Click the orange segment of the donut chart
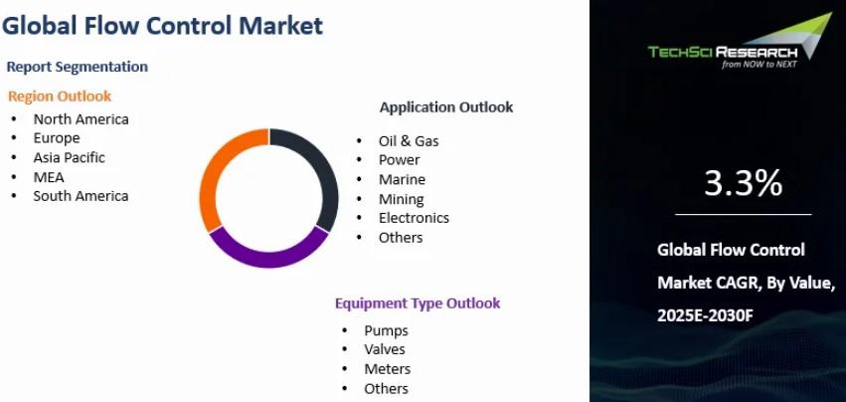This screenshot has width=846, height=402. pyautogui.click(x=210, y=178)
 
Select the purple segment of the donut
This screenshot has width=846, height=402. pyautogui.click(x=268, y=259)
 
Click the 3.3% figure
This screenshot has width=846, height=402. pyautogui.click(x=743, y=183)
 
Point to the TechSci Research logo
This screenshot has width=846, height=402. pyautogui.click(x=740, y=42)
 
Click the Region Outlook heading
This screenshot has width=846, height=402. pyautogui.click(x=60, y=97)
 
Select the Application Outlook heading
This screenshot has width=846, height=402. pyautogui.click(x=446, y=107)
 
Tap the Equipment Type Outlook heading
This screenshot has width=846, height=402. pyautogui.click(x=418, y=303)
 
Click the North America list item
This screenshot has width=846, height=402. pyautogui.click(x=81, y=118)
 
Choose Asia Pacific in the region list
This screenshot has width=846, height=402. pyautogui.click(x=69, y=157)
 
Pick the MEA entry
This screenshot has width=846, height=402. pyautogui.click(x=49, y=177)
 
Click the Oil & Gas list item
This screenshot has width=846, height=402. pyautogui.click(x=409, y=141)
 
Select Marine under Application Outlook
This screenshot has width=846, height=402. pyautogui.click(x=402, y=179)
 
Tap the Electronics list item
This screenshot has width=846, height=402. pyautogui.click(x=414, y=218)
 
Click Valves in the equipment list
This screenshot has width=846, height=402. pyautogui.click(x=384, y=349)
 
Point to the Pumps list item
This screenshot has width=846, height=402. pyautogui.click(x=386, y=330)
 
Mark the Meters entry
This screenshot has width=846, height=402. pyautogui.click(x=388, y=369)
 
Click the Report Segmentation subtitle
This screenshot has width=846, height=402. pyautogui.click(x=78, y=67)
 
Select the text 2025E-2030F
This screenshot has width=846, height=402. pyautogui.click(x=705, y=316)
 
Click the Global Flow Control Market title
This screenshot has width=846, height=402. pyautogui.click(x=162, y=26)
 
